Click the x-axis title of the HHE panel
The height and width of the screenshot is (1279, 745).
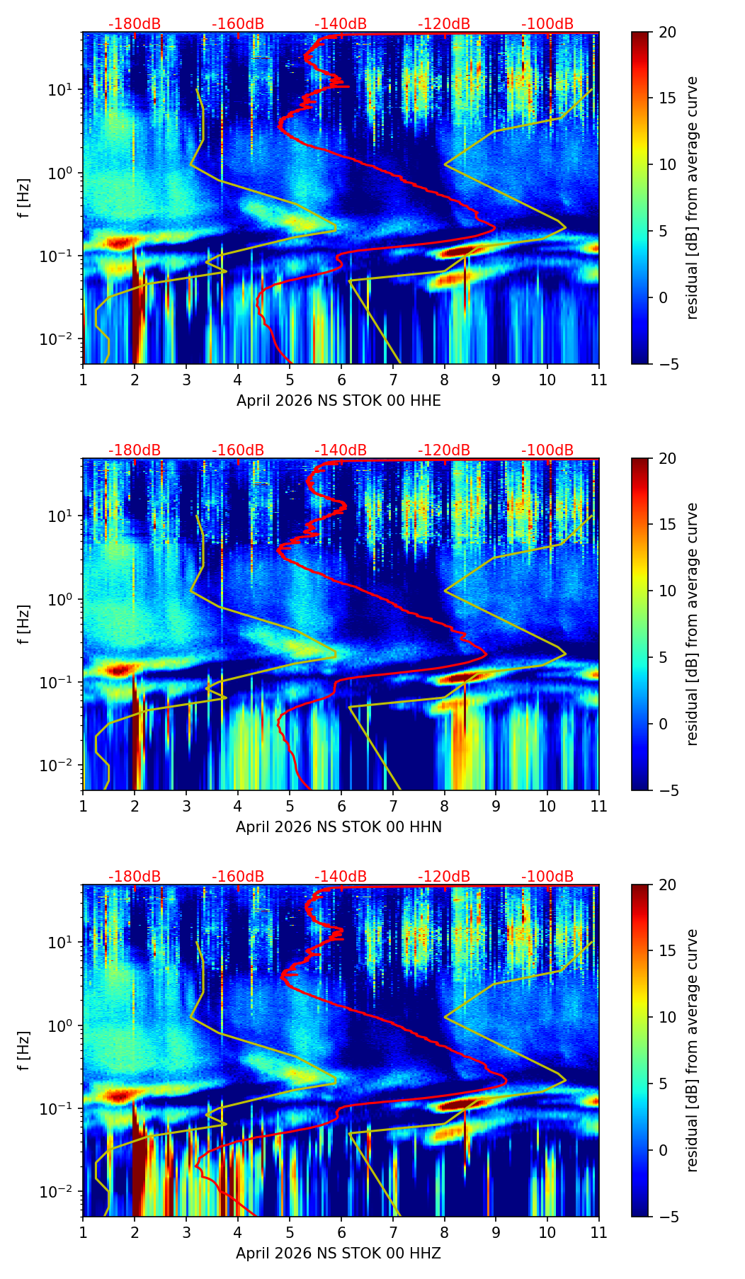[339, 401]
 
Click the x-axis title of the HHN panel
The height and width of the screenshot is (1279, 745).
[339, 827]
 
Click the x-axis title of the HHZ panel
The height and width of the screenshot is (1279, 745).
[339, 1254]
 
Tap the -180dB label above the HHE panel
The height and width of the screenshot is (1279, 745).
[135, 24]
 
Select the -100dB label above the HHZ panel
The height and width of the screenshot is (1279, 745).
[547, 877]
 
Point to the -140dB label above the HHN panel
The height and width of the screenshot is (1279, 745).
[341, 450]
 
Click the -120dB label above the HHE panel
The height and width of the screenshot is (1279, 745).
[444, 24]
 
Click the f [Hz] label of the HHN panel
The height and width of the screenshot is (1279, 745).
[25, 624]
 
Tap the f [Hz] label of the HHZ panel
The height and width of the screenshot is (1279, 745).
[25, 1050]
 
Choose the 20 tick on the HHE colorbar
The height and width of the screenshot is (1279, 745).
[667, 33]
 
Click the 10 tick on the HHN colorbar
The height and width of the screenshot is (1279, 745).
[667, 591]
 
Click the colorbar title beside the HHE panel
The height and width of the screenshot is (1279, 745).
[692, 198]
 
